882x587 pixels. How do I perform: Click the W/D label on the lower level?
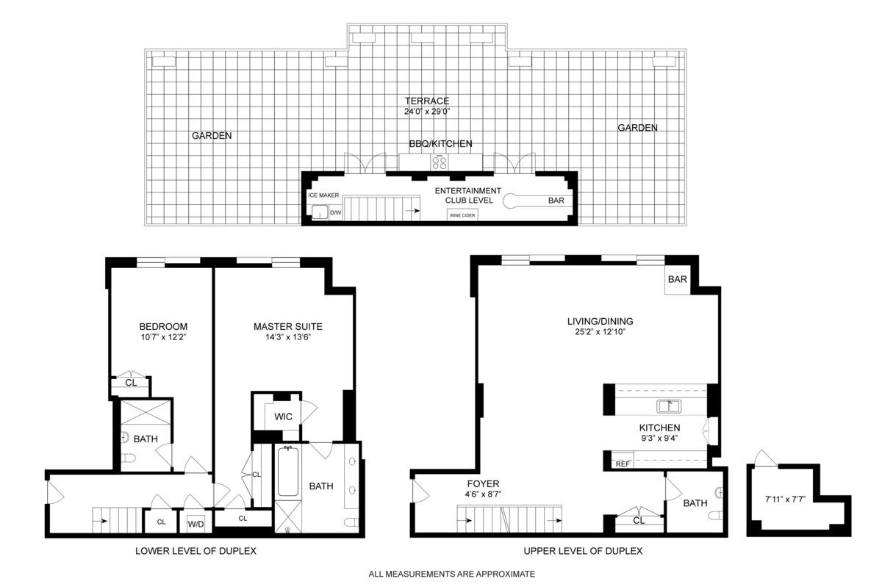point(196,524)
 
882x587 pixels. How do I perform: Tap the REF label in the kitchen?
point(623,464)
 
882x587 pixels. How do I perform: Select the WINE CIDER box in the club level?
point(462,215)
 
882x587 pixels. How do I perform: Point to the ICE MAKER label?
point(323,195)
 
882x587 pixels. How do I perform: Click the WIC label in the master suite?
point(283,417)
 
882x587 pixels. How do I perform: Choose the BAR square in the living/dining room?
point(677,280)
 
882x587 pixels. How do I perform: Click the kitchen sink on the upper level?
point(670,406)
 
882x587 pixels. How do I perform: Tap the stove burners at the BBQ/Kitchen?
point(440,162)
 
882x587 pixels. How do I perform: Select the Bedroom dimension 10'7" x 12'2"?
point(163,338)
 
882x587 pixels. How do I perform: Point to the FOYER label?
point(483,483)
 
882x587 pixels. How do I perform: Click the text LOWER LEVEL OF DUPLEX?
point(196,551)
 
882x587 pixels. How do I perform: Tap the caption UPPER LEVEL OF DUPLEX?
point(583,551)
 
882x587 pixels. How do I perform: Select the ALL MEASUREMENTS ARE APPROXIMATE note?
point(451,574)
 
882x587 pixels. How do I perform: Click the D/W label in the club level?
point(335,213)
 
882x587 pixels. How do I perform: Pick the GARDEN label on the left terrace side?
point(212,136)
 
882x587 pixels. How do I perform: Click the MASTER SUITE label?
point(287,327)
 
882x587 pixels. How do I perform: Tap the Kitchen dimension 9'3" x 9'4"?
point(659,439)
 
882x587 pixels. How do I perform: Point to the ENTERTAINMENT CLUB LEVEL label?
point(467,195)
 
